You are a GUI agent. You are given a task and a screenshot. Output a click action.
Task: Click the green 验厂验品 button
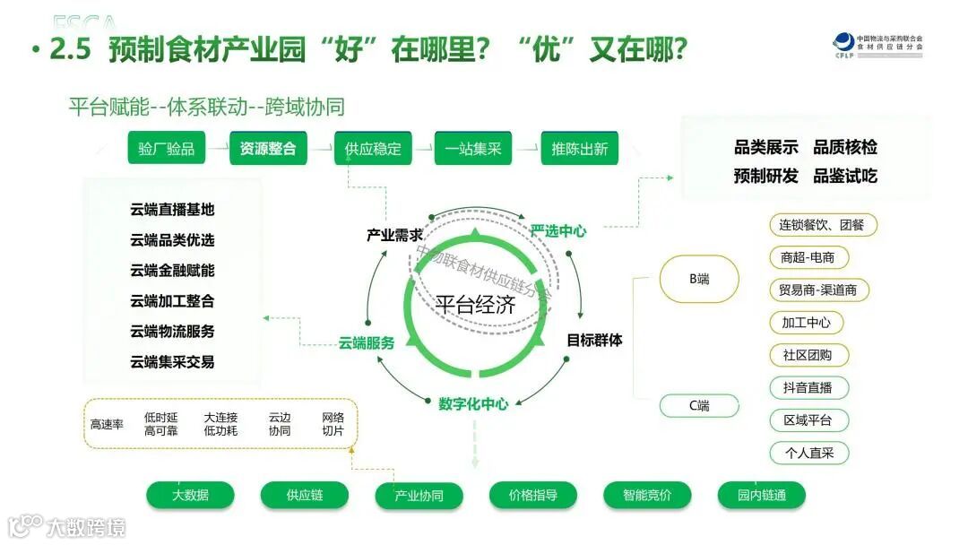[167, 149]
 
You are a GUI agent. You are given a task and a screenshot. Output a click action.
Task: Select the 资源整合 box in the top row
[268, 149]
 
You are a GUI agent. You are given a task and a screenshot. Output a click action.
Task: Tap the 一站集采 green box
[473, 149]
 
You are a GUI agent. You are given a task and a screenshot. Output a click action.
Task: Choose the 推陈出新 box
[579, 149]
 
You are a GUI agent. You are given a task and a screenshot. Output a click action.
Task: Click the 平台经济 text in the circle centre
[476, 305]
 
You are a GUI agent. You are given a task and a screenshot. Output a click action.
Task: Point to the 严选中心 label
[557, 231]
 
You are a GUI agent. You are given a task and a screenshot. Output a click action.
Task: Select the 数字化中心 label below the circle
[473, 403]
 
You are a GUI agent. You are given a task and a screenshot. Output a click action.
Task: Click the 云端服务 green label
[367, 342]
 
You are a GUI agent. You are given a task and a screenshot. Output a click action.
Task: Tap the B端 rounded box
[699, 279]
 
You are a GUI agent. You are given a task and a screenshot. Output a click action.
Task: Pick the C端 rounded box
[699, 406]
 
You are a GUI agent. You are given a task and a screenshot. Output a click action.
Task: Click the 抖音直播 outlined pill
[808, 388]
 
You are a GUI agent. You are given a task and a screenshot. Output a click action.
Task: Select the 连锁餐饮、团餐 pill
[822, 225]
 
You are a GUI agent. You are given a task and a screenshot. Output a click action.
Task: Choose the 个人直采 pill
[808, 453]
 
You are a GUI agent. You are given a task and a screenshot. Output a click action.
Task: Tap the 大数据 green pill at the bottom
[190, 495]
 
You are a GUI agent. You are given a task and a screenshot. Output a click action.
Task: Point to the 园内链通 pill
[762, 495]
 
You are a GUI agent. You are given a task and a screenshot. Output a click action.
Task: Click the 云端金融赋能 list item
[172, 271]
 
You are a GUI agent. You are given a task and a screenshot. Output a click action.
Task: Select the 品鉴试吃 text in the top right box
[845, 176]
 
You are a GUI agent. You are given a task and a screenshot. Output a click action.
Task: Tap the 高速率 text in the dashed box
[107, 424]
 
